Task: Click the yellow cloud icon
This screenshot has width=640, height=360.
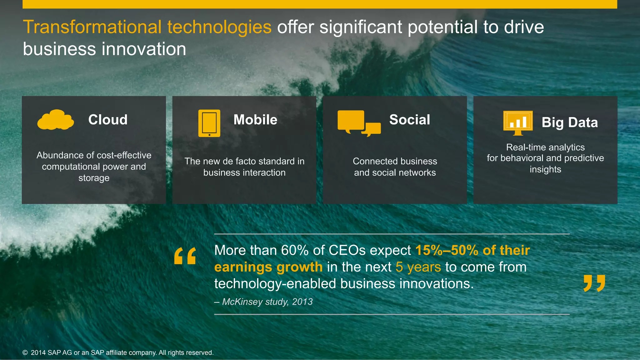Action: click(56, 120)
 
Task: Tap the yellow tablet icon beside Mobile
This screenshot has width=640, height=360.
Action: click(209, 123)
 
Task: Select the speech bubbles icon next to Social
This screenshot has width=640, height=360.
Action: click(359, 123)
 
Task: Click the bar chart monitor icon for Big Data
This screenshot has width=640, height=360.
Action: click(518, 122)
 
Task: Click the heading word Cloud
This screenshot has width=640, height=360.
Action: click(108, 120)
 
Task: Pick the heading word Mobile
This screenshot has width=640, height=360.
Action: click(255, 120)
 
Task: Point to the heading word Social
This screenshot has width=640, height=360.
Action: click(409, 120)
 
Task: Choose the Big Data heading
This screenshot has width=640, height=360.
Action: click(569, 122)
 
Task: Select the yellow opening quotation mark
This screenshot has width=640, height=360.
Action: click(185, 256)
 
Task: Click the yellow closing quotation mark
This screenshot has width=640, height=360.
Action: click(594, 283)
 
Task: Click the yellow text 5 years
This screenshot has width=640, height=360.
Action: click(418, 267)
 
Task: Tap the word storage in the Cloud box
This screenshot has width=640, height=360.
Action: click(94, 178)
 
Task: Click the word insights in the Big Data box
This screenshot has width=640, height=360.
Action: click(545, 169)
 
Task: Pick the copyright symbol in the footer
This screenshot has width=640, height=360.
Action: click(25, 353)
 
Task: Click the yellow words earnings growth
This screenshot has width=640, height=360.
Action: click(268, 267)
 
